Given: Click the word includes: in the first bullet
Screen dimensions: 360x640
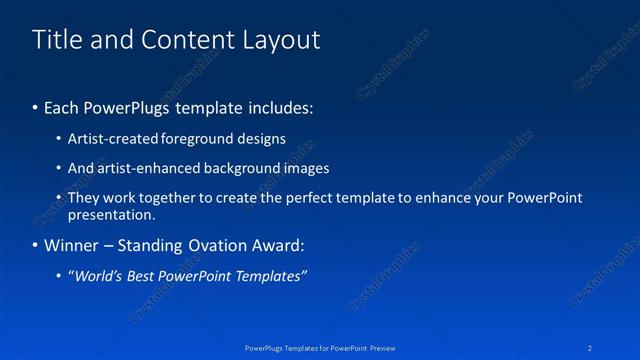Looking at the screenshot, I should (x=278, y=107).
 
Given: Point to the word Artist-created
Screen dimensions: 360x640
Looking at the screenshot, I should (x=113, y=139).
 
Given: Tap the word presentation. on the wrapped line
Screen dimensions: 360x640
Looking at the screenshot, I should (x=111, y=214).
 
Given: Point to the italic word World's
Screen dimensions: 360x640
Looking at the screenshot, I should (x=100, y=276).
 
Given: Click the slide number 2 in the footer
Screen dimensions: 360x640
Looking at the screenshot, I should (x=591, y=348).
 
